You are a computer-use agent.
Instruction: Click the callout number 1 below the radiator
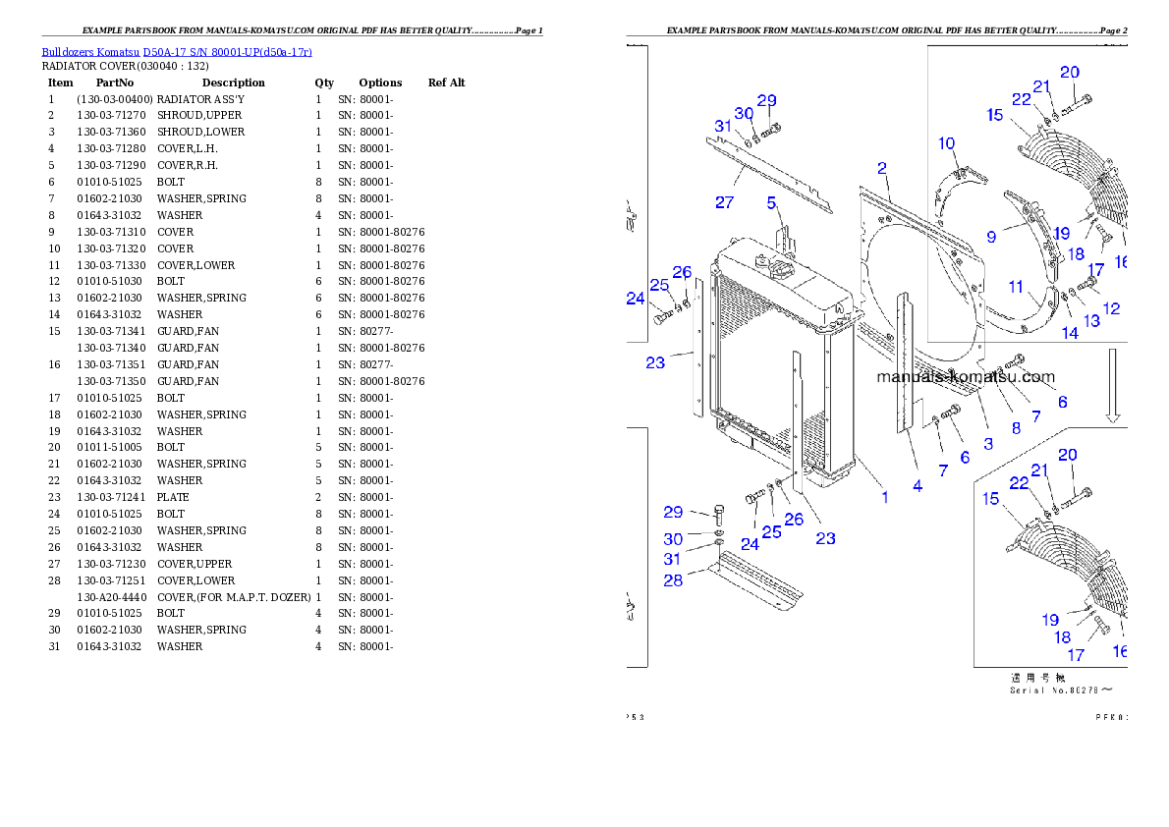tap(885, 497)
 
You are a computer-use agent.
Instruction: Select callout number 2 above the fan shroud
tap(882, 169)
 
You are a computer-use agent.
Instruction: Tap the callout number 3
tap(988, 443)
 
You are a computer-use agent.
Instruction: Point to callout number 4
tap(918, 485)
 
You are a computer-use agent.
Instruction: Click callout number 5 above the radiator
tap(772, 203)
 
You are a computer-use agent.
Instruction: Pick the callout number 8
tap(1016, 427)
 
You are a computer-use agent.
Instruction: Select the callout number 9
tap(991, 236)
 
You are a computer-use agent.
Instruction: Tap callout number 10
tap(946, 143)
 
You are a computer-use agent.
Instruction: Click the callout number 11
tap(1016, 287)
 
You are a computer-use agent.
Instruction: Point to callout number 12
tap(1111, 308)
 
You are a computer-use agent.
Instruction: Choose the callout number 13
tap(1091, 321)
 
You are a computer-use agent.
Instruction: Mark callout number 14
tap(1069, 333)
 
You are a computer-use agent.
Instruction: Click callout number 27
tap(724, 202)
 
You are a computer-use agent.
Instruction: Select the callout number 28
tap(672, 579)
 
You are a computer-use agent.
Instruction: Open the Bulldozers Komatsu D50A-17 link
tap(177, 52)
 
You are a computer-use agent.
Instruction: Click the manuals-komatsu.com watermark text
tap(965, 377)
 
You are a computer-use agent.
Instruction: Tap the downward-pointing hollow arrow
tap(1113, 384)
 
